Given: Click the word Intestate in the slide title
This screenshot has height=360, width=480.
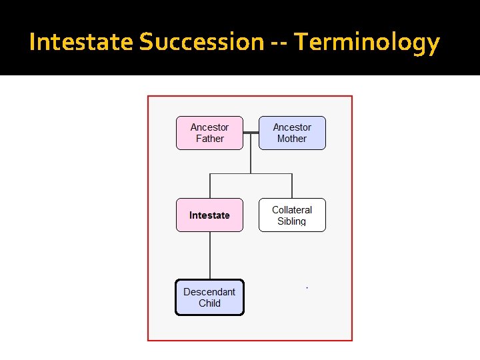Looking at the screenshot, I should [x=81, y=42].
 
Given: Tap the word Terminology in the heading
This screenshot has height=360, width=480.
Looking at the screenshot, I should [x=367, y=42].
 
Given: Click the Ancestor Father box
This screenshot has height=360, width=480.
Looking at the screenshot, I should [x=209, y=133].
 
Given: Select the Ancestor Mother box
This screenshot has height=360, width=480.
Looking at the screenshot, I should [x=292, y=133].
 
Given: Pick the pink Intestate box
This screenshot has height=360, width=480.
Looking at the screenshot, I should [x=209, y=215].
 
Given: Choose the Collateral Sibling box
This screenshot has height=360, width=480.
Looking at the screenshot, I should [x=292, y=215].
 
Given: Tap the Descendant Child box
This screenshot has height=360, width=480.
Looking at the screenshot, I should [x=209, y=297].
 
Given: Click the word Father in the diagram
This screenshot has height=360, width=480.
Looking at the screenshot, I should [x=209, y=139].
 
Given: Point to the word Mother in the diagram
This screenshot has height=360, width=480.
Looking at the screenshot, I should [x=292, y=139].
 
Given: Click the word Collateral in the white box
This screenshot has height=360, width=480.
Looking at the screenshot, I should [x=292, y=209].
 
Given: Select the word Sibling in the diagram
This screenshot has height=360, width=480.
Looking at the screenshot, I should [x=292, y=221].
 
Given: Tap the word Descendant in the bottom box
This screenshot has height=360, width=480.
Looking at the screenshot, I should [x=209, y=292].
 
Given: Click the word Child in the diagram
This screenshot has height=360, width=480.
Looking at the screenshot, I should [x=209, y=303].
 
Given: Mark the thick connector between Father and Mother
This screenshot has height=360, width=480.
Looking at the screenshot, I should [x=251, y=133].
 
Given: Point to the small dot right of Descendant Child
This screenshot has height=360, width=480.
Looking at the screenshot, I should [x=307, y=287].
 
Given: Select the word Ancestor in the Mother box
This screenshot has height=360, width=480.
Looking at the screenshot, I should [x=292, y=127].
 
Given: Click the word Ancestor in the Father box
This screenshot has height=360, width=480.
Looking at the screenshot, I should [x=209, y=127].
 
